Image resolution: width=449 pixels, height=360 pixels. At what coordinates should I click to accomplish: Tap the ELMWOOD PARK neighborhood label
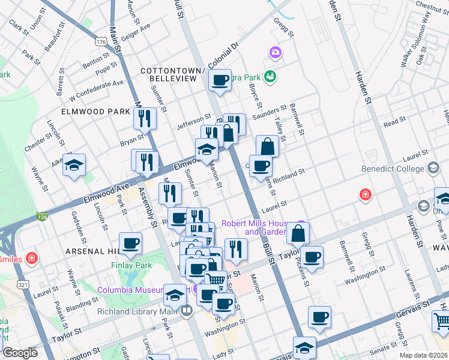point(95,112)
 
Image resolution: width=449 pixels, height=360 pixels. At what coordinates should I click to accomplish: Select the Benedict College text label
point(393,169)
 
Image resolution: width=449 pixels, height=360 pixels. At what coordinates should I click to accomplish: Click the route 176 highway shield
point(101,41)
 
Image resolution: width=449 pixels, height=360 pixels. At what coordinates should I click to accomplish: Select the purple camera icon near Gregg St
point(276,52)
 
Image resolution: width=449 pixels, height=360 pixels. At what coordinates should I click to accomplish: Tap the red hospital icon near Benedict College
point(364,194)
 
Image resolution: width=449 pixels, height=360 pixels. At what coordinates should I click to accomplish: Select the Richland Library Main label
point(139,311)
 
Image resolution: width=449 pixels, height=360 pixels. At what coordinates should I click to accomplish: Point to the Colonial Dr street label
point(223,55)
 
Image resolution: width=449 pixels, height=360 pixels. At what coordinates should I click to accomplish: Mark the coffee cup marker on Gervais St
point(319,317)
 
